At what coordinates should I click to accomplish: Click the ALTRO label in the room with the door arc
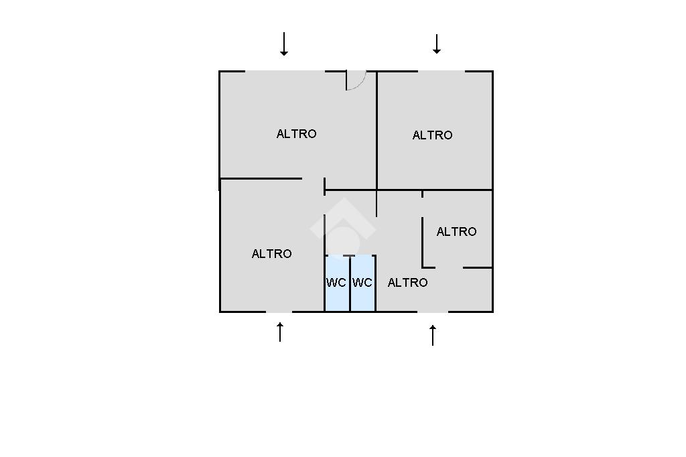296,134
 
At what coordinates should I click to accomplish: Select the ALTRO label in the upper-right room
432,135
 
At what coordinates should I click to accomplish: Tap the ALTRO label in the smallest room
456,232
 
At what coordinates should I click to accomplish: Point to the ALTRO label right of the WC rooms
407,283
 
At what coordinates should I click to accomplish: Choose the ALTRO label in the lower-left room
271,254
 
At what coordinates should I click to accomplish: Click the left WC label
336,283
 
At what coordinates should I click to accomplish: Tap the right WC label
362,283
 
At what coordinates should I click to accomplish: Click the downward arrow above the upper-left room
284,44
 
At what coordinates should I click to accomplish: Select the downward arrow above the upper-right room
437,44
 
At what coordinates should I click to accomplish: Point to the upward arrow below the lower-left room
280,332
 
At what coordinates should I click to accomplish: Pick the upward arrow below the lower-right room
433,334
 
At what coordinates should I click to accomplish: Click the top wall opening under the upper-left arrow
285,71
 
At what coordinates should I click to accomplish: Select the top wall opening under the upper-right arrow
441,71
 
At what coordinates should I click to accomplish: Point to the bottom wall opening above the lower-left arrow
279,312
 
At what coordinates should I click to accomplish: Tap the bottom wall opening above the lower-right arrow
433,312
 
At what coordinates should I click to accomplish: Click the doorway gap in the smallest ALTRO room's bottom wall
449,268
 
